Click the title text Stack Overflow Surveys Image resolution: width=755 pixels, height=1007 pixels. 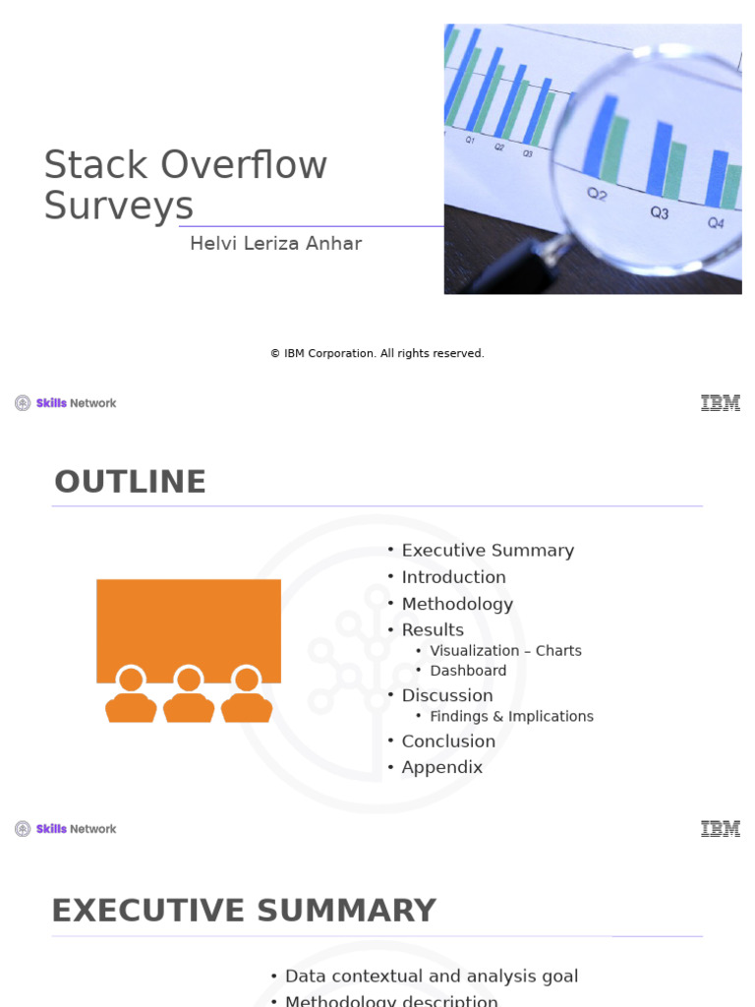tap(186, 185)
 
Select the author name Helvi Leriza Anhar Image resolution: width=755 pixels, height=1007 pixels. tap(275, 243)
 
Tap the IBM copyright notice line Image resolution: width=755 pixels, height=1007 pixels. tap(377, 353)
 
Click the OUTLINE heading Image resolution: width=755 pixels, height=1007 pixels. tap(130, 482)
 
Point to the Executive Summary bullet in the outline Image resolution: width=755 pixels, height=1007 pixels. tap(488, 551)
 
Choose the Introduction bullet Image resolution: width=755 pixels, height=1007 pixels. tap(453, 577)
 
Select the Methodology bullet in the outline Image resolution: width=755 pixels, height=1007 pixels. tap(457, 604)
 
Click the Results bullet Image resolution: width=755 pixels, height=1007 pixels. tap(433, 629)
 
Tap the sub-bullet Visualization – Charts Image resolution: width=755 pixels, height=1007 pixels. tap(505, 651)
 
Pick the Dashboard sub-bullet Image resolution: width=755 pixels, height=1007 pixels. tap(468, 671)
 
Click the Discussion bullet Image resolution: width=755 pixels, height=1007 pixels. tap(447, 695)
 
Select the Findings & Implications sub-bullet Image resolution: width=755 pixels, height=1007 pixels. tap(511, 716)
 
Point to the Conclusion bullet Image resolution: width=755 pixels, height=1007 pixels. tap(448, 741)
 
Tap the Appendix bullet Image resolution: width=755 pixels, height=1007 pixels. tap(442, 767)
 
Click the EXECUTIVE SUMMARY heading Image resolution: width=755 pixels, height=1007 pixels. tap(244, 911)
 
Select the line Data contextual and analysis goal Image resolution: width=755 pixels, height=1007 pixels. tap(432, 977)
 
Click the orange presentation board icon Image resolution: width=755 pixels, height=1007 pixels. tap(189, 629)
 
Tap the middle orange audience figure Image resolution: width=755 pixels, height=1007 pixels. tap(189, 694)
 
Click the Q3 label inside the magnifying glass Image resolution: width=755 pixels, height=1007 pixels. tap(660, 211)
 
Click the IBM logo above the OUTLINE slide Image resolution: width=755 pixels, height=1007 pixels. tap(721, 403)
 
